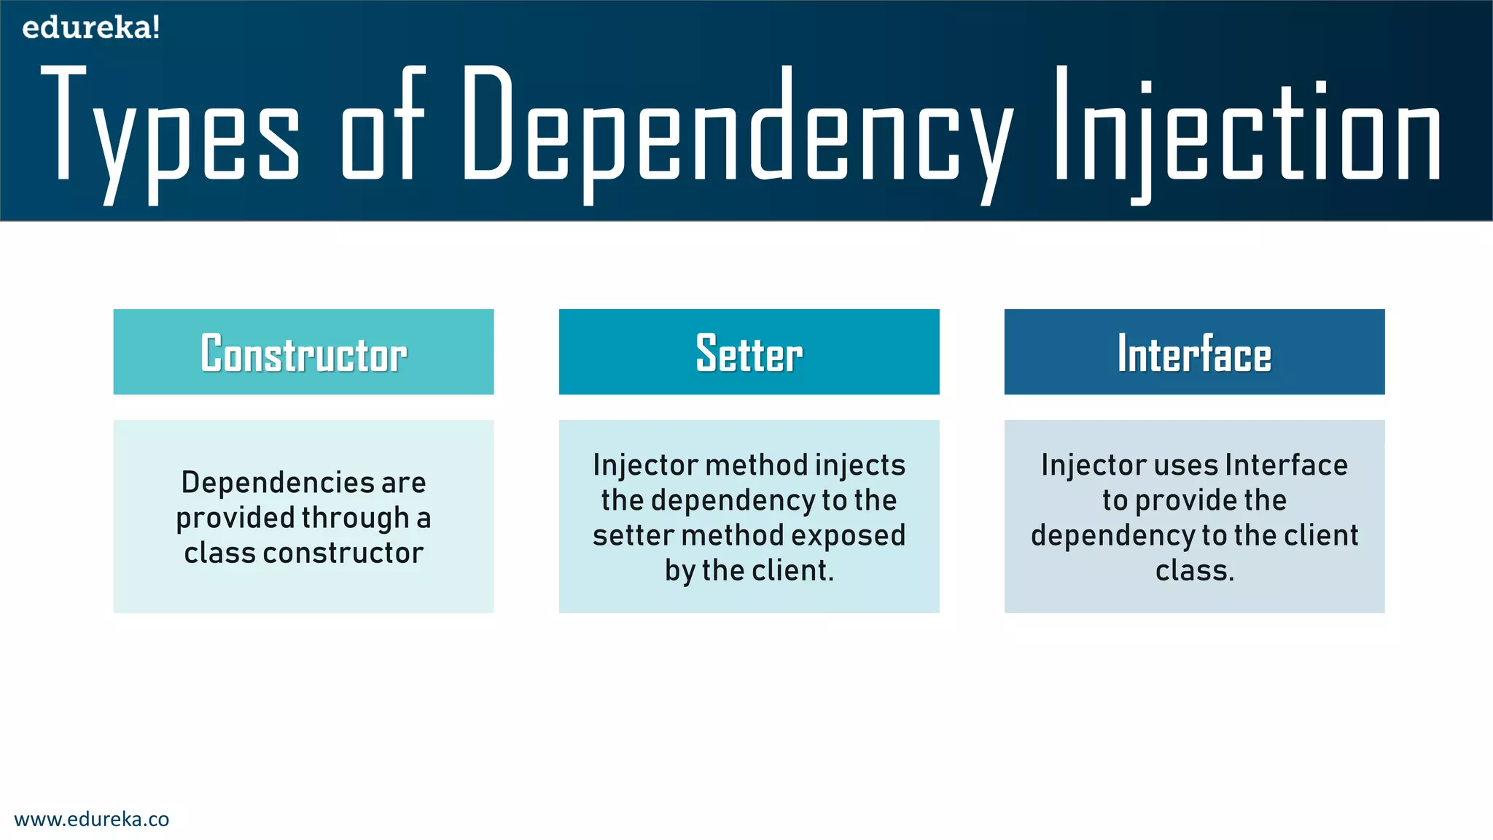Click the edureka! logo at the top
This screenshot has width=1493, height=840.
click(x=91, y=28)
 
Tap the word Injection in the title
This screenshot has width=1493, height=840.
click(x=1247, y=131)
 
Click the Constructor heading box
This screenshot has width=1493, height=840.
click(x=303, y=352)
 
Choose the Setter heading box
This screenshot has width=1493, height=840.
click(x=749, y=352)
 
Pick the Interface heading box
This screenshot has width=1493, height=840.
click(x=1194, y=352)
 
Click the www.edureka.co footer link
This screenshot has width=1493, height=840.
click(x=92, y=819)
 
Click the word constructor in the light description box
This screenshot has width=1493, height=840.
click(x=343, y=553)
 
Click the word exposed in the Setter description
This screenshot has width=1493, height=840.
click(x=848, y=536)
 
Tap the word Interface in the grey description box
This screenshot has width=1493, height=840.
click(x=1287, y=466)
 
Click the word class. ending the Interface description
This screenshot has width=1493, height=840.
click(x=1195, y=571)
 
